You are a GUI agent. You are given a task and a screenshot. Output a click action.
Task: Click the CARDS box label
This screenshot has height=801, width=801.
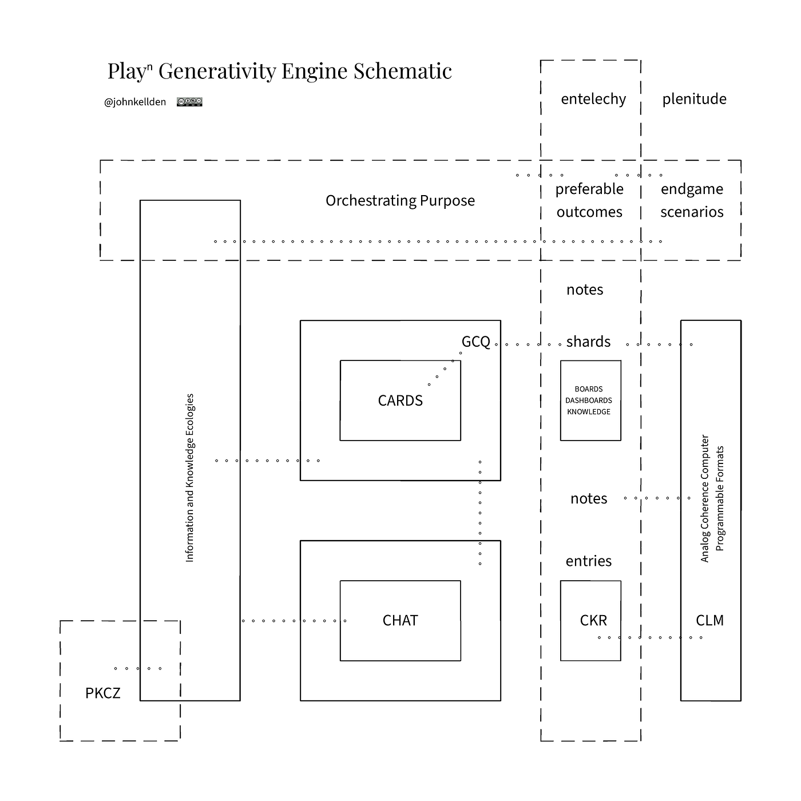click(400, 400)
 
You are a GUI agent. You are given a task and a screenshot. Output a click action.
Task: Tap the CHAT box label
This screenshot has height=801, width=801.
click(400, 620)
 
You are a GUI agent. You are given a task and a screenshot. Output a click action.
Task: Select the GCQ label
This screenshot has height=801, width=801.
click(476, 342)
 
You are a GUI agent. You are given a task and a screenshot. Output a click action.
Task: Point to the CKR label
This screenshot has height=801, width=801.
click(593, 620)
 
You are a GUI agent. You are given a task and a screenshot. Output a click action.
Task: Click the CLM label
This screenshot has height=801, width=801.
click(709, 620)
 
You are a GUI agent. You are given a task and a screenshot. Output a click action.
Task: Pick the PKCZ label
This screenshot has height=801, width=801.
click(102, 693)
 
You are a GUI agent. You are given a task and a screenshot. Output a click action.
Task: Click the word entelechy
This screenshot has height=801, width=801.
click(593, 99)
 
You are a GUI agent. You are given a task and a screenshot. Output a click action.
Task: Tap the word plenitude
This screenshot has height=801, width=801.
click(694, 99)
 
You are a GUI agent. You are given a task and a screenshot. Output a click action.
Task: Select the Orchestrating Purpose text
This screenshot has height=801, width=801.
click(400, 201)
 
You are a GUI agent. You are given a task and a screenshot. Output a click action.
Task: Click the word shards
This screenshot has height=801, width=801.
click(588, 342)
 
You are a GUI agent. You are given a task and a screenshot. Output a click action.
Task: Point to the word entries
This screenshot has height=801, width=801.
click(589, 561)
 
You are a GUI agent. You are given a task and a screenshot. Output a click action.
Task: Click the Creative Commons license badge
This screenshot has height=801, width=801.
click(189, 102)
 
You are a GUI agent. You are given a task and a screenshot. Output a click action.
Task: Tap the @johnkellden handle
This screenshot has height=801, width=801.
click(134, 102)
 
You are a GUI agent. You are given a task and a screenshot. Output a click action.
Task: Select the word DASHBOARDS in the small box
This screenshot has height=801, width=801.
click(589, 400)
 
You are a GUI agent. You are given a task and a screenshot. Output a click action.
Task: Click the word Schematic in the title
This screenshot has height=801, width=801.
click(402, 71)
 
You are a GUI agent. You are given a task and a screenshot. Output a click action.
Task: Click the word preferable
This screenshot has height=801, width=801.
click(589, 189)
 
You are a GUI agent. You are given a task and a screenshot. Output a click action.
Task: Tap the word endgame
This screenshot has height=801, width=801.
click(692, 189)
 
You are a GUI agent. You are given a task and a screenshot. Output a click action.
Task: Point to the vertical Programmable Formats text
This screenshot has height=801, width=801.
click(720, 498)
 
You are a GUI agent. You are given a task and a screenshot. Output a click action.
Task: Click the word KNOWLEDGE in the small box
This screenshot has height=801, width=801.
click(589, 411)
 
